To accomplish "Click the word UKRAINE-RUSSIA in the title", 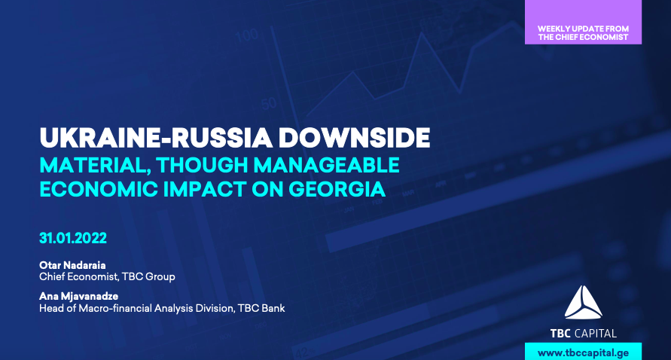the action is point(156,137).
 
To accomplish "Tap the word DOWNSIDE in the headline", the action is point(355,137).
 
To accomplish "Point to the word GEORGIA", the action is point(337,189).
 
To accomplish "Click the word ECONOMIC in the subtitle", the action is point(99,189).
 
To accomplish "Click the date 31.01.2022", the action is point(73,238).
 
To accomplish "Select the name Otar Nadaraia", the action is point(72,265).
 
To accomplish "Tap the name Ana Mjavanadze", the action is point(79,296).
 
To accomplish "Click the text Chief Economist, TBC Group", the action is point(107,277).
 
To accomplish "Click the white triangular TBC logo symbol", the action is point(584,303).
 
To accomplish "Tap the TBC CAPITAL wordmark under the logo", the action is point(584,334).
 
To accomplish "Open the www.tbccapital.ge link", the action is point(584,353).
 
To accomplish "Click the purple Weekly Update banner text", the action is point(584,33).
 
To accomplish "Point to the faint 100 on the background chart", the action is point(247,35).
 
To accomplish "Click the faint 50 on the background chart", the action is point(268,104).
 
